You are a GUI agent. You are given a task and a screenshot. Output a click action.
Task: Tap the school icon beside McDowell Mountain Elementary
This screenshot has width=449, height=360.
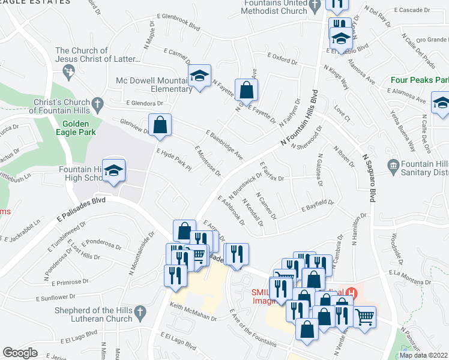pos(199,76)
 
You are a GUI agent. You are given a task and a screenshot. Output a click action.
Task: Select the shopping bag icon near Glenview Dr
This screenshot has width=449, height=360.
pos(160,125)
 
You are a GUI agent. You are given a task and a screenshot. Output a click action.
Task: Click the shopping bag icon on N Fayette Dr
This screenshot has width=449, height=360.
pos(246,91)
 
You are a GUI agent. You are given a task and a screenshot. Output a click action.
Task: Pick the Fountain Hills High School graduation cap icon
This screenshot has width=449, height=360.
pos(113,171)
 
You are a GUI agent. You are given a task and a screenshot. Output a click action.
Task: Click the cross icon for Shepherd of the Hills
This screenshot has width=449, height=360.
pos(140,312)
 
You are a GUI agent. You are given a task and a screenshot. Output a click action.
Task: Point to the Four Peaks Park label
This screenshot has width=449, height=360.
pos(420,80)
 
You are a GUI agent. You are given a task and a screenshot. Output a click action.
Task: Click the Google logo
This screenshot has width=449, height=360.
pos(20,353)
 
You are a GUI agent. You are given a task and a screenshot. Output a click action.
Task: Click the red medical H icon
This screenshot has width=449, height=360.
pos(354,293)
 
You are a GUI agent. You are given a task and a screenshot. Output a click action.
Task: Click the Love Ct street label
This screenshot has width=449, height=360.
pos(342,111)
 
